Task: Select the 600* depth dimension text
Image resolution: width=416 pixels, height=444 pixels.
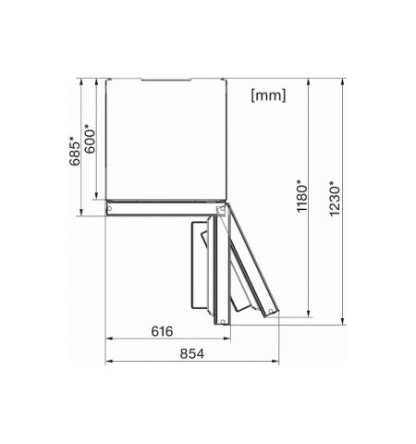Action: [91, 138]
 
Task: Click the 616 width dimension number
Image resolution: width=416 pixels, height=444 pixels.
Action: [162, 330]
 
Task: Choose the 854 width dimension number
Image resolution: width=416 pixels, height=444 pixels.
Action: [190, 353]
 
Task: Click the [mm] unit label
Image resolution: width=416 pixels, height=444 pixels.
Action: [268, 94]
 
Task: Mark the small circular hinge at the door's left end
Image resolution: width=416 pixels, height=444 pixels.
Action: [111, 209]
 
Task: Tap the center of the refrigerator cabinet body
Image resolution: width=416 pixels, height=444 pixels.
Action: [165, 139]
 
